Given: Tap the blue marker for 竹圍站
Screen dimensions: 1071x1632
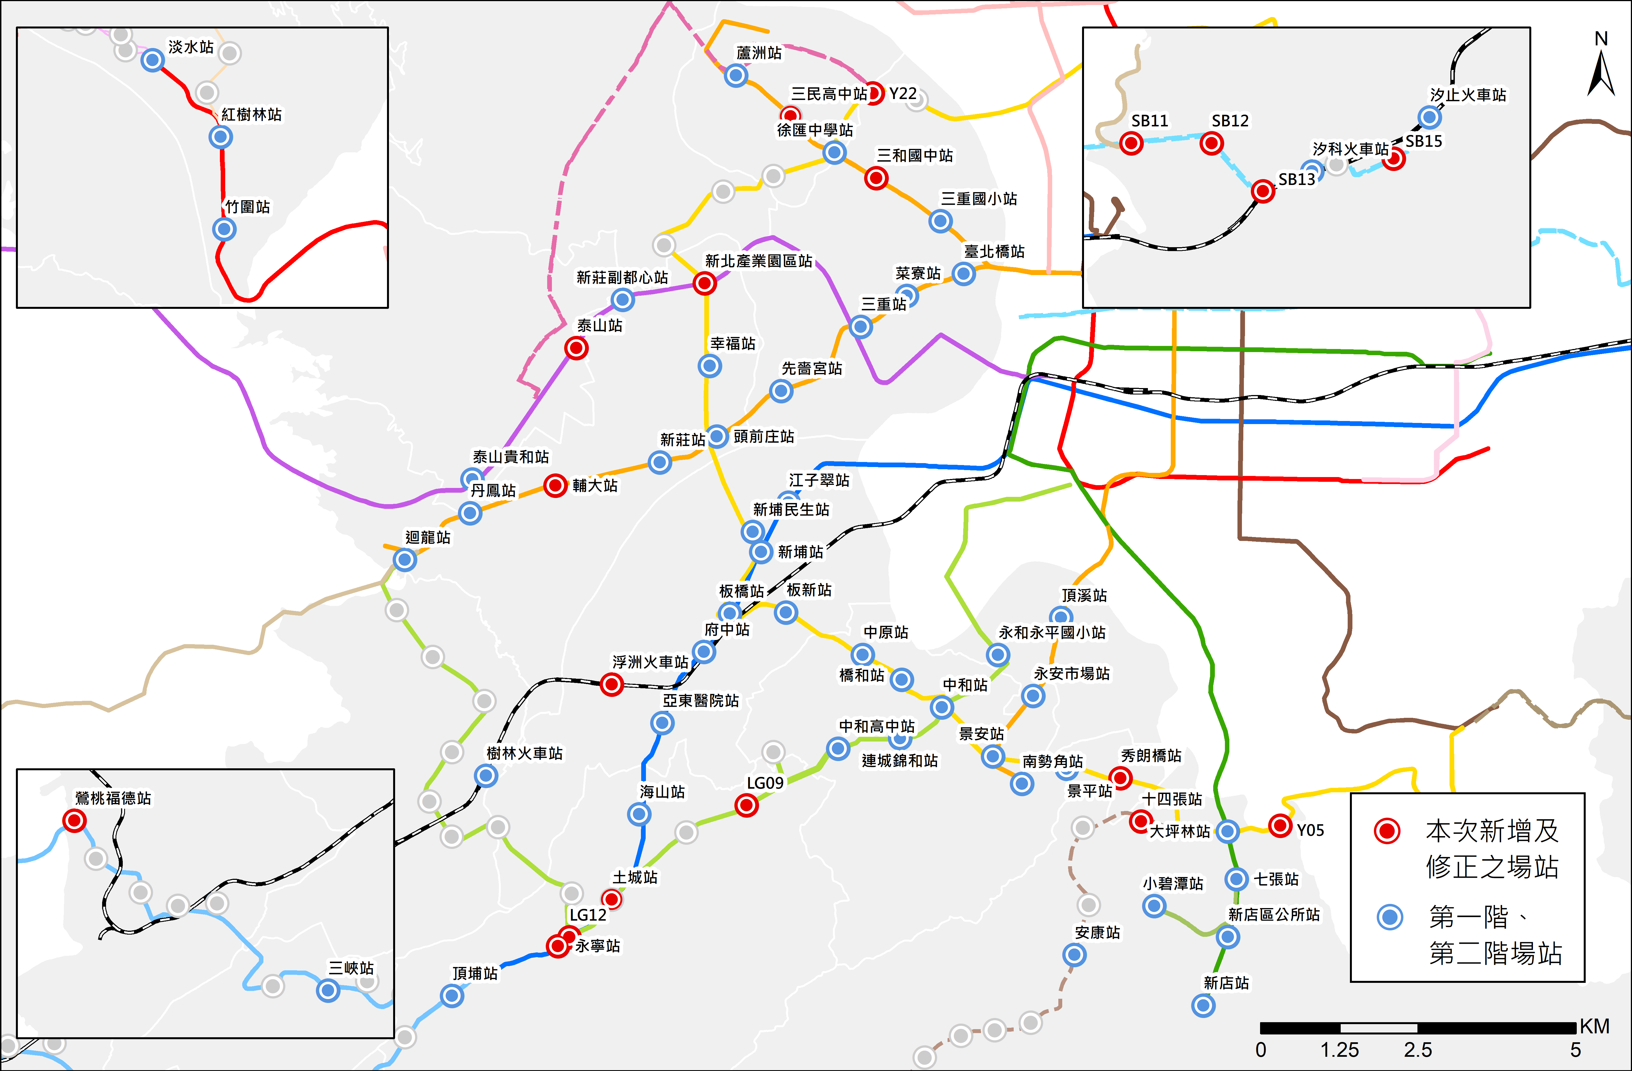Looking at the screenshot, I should click(x=223, y=229).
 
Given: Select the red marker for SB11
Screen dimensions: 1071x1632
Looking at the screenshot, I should click(x=1131, y=143).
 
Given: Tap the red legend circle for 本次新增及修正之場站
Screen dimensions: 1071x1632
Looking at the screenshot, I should click(x=1386, y=831).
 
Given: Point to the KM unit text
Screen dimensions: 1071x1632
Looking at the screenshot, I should click(x=1594, y=1026).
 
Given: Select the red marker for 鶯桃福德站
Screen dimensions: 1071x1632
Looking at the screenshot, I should click(x=74, y=820).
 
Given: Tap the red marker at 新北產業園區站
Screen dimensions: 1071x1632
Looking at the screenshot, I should click(x=704, y=283).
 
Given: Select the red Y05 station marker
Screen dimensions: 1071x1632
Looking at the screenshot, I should click(x=1280, y=825).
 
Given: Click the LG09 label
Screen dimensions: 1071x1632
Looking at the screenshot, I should click(x=765, y=783).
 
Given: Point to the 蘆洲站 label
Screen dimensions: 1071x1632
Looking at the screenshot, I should click(x=758, y=53).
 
